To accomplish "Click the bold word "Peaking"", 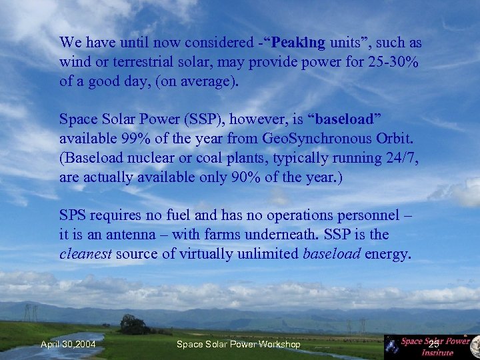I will click(298, 43).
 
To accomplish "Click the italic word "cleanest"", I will click(85, 254).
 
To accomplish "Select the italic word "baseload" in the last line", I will click(332, 254).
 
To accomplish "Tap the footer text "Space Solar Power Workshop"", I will click(238, 344).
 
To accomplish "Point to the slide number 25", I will click(434, 344).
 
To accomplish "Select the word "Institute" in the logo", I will click(438, 353).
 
